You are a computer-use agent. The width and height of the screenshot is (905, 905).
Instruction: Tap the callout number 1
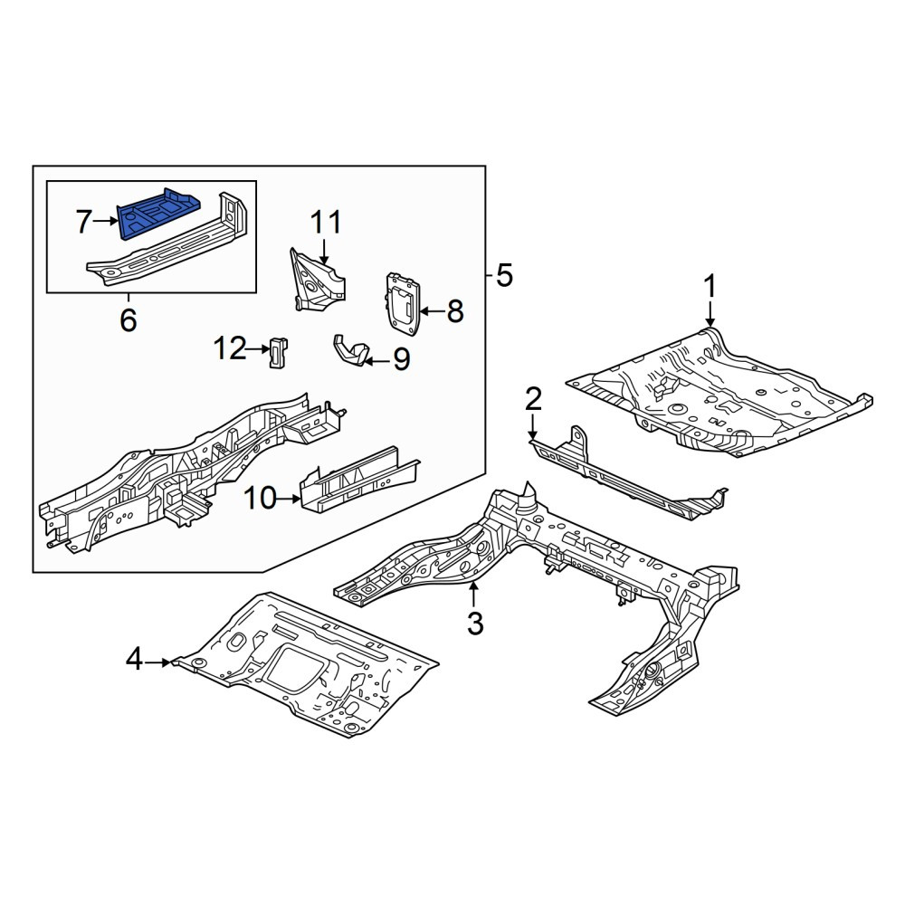710,288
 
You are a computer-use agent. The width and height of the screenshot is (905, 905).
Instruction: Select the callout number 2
533,400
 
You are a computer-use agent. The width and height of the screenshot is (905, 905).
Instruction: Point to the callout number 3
474,624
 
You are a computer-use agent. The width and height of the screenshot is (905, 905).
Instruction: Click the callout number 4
135,659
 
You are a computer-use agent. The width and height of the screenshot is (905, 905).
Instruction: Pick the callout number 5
504,276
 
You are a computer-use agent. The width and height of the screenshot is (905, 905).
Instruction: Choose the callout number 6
129,319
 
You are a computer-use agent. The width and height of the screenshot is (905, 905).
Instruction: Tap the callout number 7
84,222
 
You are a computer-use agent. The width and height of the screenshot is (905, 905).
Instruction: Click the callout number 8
455,311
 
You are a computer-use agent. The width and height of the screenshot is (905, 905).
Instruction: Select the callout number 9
401,359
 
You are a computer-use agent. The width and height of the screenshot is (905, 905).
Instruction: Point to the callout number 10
261,498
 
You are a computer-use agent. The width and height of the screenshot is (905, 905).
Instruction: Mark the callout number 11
326,223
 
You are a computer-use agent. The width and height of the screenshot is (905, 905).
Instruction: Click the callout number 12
230,348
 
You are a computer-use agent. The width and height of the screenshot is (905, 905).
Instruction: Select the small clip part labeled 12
279,351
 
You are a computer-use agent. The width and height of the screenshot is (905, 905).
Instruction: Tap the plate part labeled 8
403,303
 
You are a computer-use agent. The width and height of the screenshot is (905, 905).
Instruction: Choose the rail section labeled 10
359,480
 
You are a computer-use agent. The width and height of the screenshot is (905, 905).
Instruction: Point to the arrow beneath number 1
710,315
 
